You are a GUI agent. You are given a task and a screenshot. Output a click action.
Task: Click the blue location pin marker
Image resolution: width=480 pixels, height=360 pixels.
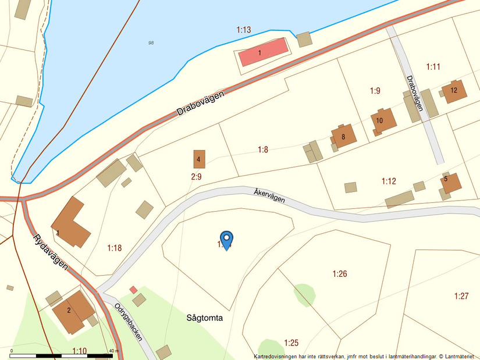click(x=226, y=240)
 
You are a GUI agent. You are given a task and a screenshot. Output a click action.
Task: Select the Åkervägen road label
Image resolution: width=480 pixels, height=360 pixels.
click(x=269, y=195)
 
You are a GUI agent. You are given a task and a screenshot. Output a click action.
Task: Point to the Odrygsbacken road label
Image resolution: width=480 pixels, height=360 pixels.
click(x=129, y=322)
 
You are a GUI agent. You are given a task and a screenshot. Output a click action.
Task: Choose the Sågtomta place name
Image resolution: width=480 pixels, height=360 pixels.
click(x=205, y=318)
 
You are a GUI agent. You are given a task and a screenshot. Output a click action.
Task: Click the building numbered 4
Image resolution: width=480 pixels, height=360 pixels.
click(x=199, y=159)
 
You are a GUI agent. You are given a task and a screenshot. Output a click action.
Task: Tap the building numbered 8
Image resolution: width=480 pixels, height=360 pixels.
click(x=344, y=137)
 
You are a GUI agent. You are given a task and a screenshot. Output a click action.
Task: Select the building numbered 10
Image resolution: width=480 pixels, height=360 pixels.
click(x=383, y=120)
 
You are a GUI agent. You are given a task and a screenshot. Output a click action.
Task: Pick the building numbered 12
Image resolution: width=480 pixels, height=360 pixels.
click(x=454, y=91)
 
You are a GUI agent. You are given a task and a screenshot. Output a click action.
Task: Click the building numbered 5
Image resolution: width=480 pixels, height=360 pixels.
click(x=450, y=182)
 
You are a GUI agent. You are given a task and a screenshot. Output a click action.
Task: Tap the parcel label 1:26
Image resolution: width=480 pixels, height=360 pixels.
click(x=340, y=273)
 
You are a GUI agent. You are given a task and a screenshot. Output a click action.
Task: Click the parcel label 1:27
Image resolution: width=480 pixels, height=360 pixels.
click(x=461, y=296)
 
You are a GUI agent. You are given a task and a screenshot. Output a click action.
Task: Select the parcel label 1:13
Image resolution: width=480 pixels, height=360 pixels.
click(x=244, y=30)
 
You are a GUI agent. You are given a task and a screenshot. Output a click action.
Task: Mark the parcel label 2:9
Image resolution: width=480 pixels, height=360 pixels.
click(x=196, y=176)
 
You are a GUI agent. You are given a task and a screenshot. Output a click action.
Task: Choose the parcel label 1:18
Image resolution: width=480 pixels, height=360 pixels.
click(x=115, y=248)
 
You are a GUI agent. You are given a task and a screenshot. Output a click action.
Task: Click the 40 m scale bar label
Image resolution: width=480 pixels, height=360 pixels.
click(x=113, y=351)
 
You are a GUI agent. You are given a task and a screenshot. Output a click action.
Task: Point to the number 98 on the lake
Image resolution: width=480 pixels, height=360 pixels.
click(x=151, y=42)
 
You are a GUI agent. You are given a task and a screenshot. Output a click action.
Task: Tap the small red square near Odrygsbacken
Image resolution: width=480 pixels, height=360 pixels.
click(x=133, y=289)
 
